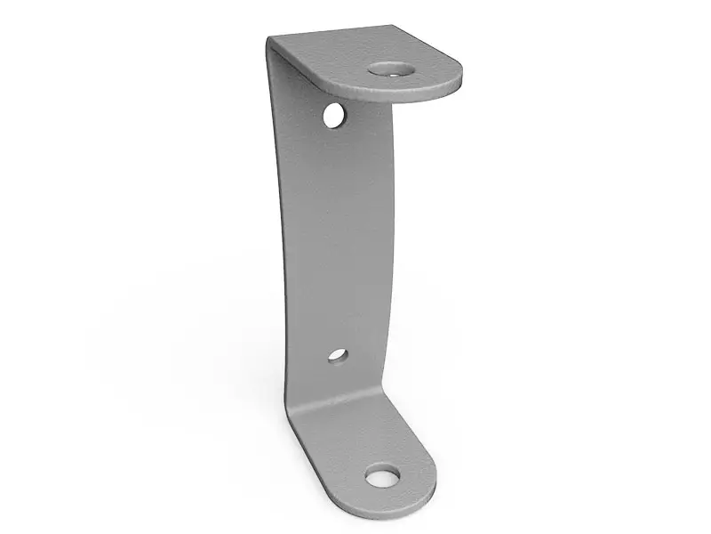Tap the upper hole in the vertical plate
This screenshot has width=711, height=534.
pos(334,115)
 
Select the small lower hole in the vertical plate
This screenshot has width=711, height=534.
pos(337,355)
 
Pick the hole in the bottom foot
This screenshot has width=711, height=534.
pos(382,477)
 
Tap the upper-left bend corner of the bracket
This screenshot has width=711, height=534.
pos(270,40)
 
